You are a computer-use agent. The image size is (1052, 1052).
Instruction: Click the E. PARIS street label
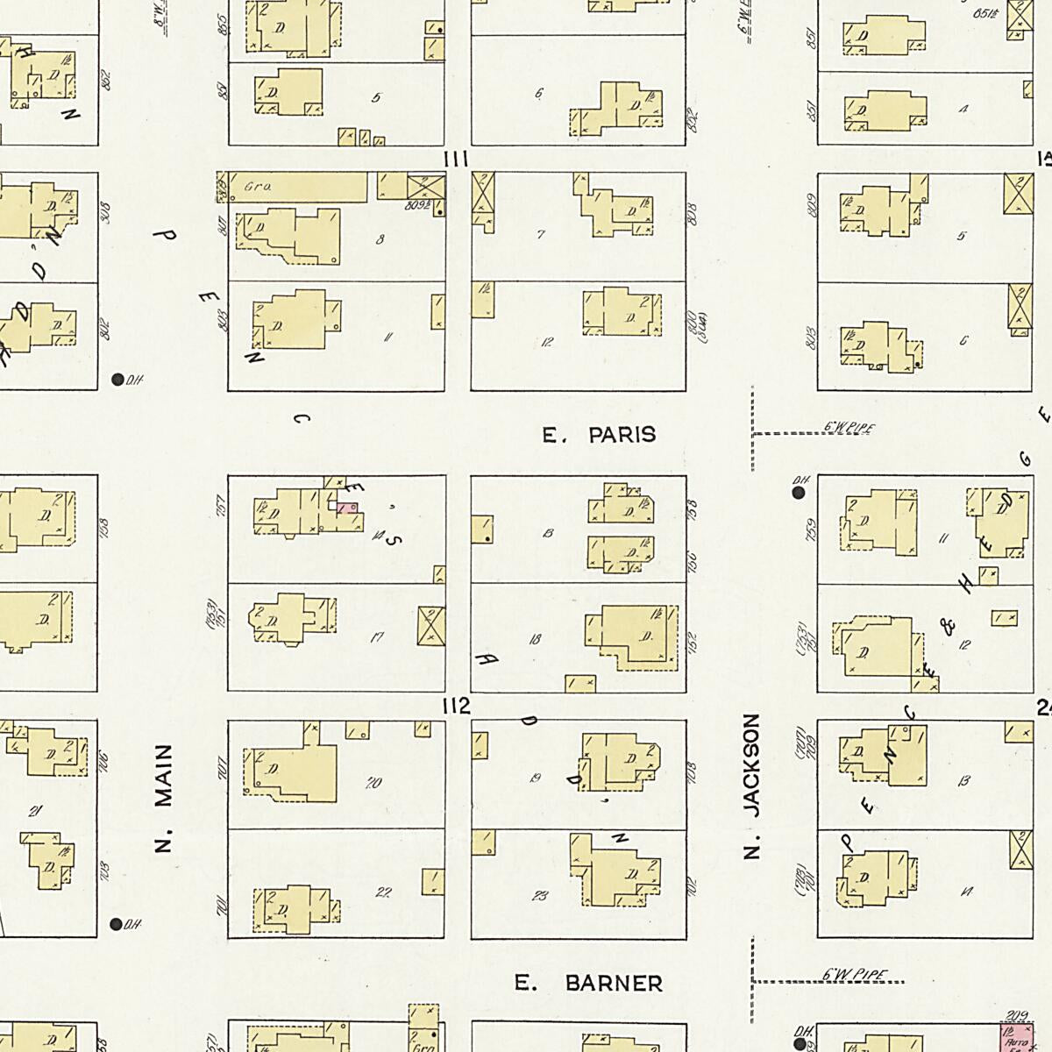pyautogui.click(x=599, y=435)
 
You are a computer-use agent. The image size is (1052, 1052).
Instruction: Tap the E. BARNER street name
pyautogui.click(x=588, y=984)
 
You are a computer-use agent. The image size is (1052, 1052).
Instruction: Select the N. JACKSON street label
pyautogui.click(x=750, y=785)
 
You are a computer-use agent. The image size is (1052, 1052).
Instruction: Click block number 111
pyautogui.click(x=457, y=160)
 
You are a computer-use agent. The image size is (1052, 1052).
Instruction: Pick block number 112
pyautogui.click(x=457, y=707)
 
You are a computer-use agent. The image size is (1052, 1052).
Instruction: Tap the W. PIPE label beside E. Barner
pyautogui.click(x=855, y=975)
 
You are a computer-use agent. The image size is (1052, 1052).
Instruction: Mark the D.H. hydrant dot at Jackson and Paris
pyautogui.click(x=799, y=493)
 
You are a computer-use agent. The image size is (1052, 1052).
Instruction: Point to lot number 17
pyautogui.click(x=376, y=637)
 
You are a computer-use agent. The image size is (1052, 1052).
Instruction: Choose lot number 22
pyautogui.click(x=383, y=892)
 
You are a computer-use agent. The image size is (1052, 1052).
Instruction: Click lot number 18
pyautogui.click(x=535, y=639)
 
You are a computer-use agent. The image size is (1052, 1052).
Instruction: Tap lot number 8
pyautogui.click(x=379, y=238)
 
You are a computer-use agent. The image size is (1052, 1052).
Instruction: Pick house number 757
pyautogui.click(x=222, y=506)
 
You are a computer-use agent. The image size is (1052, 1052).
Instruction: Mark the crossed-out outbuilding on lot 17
pyautogui.click(x=430, y=626)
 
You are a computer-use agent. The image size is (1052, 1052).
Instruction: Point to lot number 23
pyautogui.click(x=540, y=896)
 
